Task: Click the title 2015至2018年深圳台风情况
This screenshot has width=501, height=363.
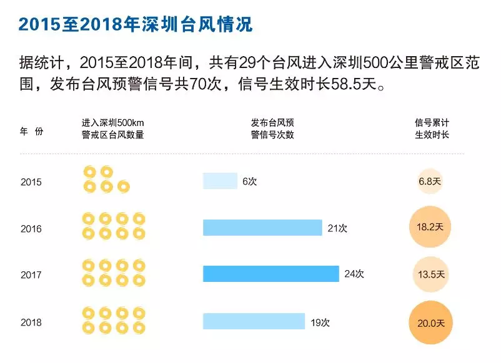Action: coord(134,24)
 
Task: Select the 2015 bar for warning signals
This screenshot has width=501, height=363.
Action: coord(220,181)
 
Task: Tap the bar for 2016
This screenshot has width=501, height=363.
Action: coord(262,228)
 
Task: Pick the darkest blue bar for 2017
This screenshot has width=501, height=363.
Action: coord(270,274)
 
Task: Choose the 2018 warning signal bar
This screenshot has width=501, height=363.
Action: coord(254,321)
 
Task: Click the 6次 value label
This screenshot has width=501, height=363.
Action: coord(249,181)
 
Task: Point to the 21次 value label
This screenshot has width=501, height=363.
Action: coord(337,228)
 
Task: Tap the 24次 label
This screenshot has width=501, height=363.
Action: coord(354,274)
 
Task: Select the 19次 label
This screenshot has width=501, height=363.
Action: coord(320,322)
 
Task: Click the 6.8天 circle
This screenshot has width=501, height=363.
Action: coord(430,181)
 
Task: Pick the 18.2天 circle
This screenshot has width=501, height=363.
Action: coord(430,227)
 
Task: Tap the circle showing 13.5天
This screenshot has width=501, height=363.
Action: coord(430,274)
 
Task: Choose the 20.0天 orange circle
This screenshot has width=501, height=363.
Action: coord(430,322)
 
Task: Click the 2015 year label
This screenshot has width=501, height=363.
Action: coord(31,182)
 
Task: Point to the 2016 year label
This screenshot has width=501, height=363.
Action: coord(31,229)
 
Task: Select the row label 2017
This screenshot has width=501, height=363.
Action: coord(31,275)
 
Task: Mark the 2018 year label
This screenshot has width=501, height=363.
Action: coord(31,322)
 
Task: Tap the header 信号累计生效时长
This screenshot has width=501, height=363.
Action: coord(432,128)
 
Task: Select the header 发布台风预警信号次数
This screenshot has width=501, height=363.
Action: coord(272,128)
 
